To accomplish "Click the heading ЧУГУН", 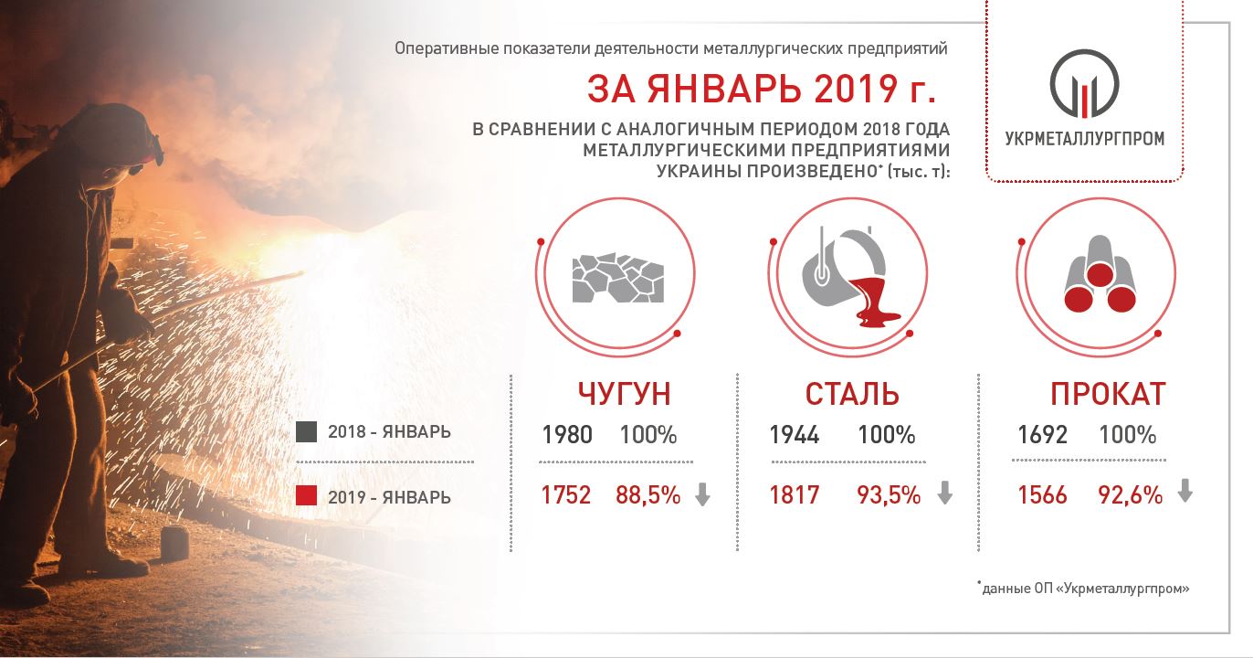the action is click(624, 393).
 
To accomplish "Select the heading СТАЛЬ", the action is click(852, 393).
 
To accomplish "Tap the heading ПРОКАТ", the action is click(1108, 393).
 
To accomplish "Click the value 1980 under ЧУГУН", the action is click(567, 435).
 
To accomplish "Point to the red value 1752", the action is click(566, 495).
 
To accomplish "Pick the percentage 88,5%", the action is click(648, 495).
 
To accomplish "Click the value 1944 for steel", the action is click(795, 435).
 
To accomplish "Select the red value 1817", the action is click(795, 495).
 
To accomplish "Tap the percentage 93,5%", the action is click(889, 495).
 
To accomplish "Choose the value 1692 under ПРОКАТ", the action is click(1042, 435).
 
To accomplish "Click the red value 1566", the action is click(1042, 495).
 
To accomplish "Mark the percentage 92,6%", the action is click(1131, 495).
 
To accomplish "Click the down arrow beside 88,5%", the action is click(702, 494).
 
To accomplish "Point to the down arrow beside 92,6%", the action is click(1185, 491).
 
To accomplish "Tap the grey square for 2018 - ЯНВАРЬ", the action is click(306, 431).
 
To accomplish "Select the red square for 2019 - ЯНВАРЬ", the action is click(306, 495).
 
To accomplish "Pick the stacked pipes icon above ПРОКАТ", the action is click(1100, 274).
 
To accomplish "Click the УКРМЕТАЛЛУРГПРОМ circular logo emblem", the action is click(1084, 84).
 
